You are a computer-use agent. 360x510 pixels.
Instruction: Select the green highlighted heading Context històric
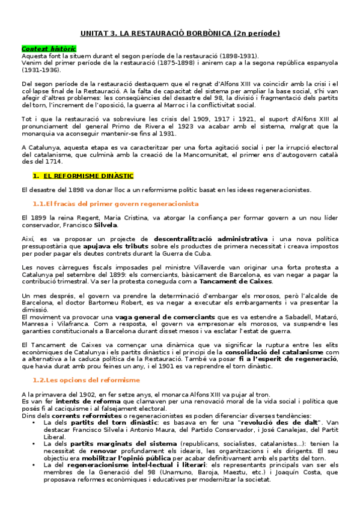point(49,48)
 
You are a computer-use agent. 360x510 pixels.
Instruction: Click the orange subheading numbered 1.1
point(115,204)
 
